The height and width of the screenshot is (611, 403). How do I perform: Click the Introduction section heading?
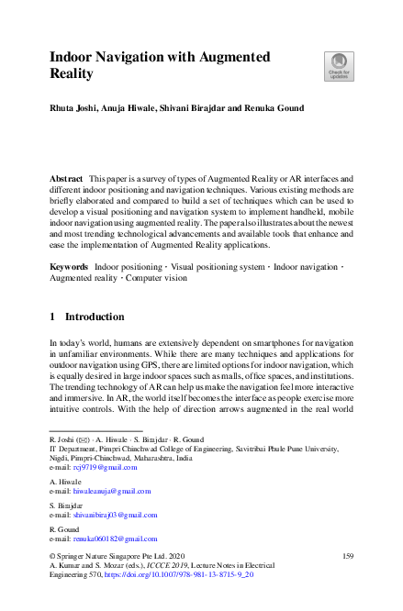coord(95,317)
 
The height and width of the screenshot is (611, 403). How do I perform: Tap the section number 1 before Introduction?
coord(52,317)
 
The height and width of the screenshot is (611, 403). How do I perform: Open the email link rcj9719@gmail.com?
coord(105,468)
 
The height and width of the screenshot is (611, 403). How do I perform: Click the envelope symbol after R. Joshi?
coord(83,440)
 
